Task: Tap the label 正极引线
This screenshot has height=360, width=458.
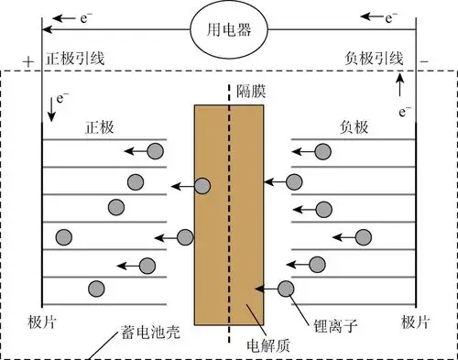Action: click(x=76, y=59)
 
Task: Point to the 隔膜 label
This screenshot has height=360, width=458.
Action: click(x=255, y=92)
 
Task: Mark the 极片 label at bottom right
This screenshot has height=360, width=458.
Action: click(x=418, y=323)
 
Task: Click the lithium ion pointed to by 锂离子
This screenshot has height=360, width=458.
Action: click(x=286, y=289)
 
